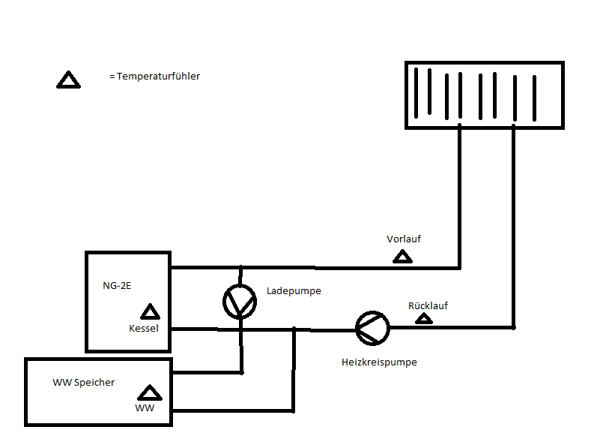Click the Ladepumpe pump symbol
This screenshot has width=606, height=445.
click(x=240, y=302)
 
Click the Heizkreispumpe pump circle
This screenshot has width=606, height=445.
click(x=372, y=328)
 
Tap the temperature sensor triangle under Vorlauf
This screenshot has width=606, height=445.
click(x=403, y=257)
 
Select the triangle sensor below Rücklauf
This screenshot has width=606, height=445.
click(x=424, y=319)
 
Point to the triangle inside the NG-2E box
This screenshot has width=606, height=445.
click(x=150, y=311)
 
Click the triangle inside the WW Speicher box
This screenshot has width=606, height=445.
click(x=150, y=392)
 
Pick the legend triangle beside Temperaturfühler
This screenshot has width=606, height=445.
click(x=68, y=80)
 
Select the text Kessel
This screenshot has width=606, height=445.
click(x=144, y=328)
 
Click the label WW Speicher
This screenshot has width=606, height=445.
click(x=83, y=382)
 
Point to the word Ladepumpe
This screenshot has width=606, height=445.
click(x=294, y=290)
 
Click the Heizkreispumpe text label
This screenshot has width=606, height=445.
click(x=379, y=362)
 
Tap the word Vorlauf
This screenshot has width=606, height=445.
click(x=404, y=239)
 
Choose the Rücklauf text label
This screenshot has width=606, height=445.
click(x=428, y=305)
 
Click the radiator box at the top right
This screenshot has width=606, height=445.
click(x=484, y=95)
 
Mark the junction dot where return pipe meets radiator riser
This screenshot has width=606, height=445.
click(x=514, y=328)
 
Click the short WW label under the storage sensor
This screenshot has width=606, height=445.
click(x=145, y=408)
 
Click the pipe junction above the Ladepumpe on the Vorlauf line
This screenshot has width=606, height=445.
click(x=240, y=267)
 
